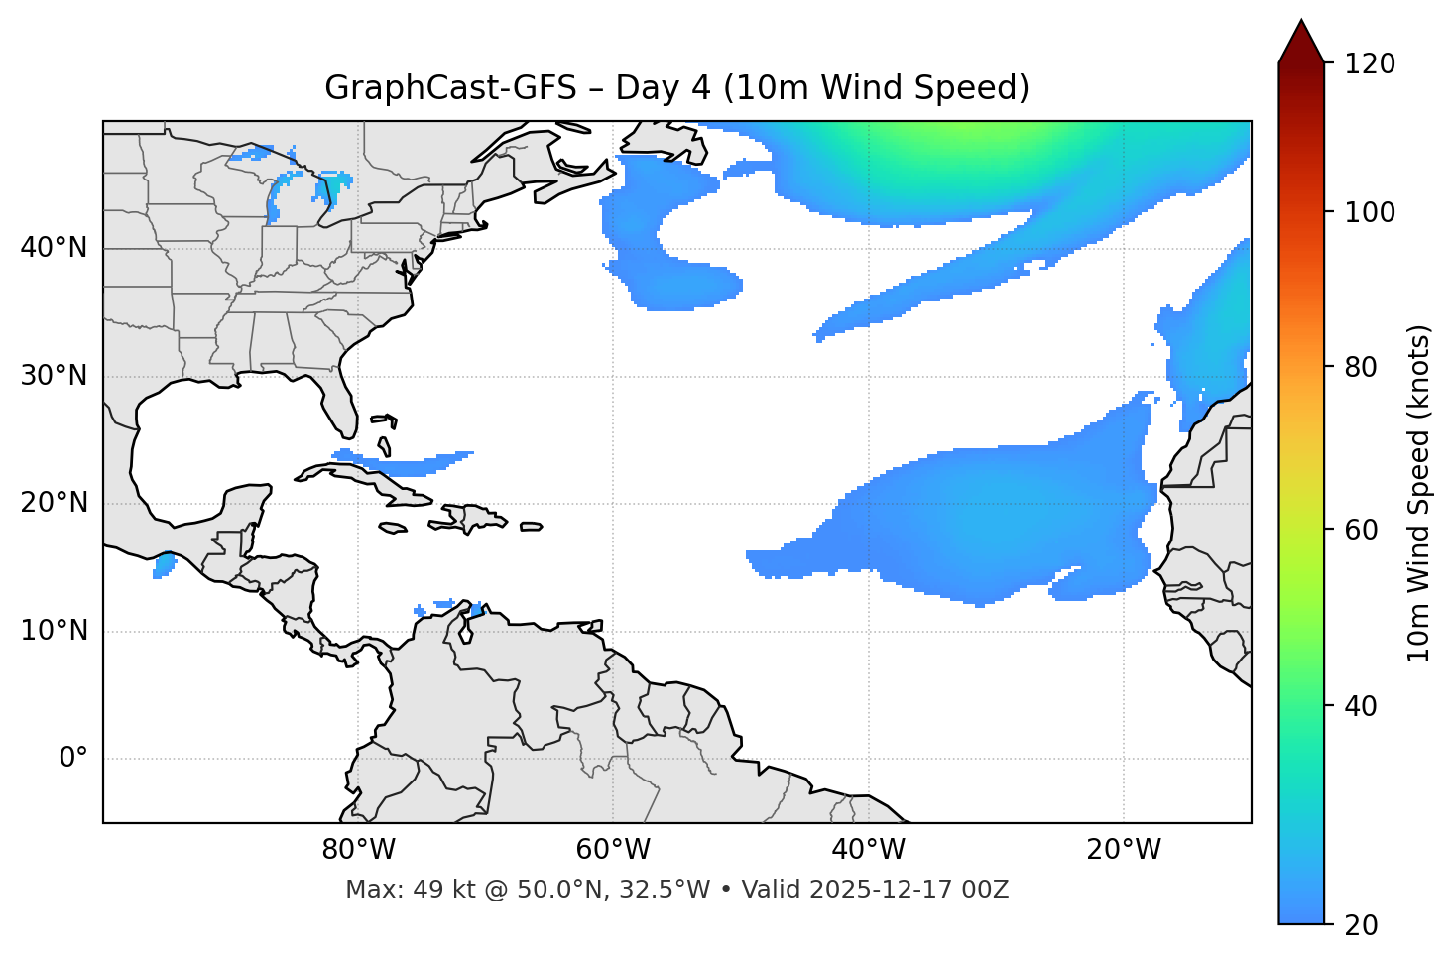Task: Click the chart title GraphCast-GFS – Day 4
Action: [x=676, y=88]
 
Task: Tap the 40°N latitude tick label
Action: [x=54, y=248]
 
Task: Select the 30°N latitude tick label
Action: [x=54, y=376]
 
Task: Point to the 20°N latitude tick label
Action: [x=54, y=503]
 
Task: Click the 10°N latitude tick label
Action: [x=54, y=631]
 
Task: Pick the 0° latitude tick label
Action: [x=73, y=759]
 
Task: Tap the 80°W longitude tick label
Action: [x=358, y=850]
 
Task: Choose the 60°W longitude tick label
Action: [x=613, y=850]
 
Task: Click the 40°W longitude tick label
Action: [x=868, y=850]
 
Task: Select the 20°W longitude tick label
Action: [x=1123, y=850]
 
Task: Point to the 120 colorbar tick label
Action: [x=1370, y=64]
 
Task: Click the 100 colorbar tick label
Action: [x=1370, y=212]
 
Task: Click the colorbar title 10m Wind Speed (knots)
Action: [x=1419, y=494]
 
